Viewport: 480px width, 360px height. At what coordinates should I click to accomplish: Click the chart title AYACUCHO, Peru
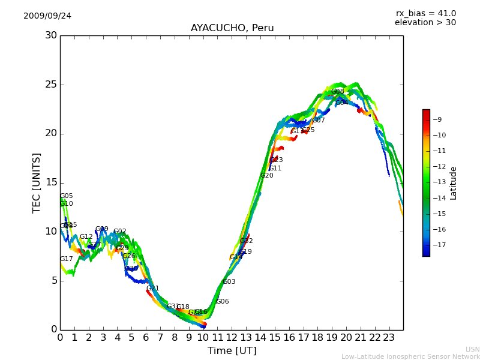pyautogui.click(x=232, y=28)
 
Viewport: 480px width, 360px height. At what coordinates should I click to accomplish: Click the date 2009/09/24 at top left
pyautogui.click(x=47, y=16)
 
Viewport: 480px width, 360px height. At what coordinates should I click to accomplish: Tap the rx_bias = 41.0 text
pyautogui.click(x=425, y=13)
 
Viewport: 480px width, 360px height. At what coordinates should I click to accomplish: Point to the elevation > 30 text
pyautogui.click(x=425, y=23)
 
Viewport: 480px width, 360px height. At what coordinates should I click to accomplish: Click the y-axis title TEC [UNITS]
pyautogui.click(x=37, y=182)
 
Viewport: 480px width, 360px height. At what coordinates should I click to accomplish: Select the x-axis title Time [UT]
pyautogui.click(x=232, y=350)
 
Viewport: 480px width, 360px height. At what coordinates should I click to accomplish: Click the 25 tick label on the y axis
pyautogui.click(x=52, y=85)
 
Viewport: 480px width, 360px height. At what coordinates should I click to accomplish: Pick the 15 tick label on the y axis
pyautogui.click(x=52, y=182)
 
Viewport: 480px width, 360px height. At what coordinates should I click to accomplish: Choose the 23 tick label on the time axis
pyautogui.click(x=389, y=337)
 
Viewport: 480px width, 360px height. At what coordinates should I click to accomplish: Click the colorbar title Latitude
pyautogui.click(x=454, y=183)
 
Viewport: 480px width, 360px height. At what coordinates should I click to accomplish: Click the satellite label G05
pyautogui.click(x=66, y=196)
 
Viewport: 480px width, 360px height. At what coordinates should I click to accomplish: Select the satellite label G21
pyautogui.click(x=152, y=289)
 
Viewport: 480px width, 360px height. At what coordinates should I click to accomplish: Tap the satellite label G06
pyautogui.click(x=222, y=302)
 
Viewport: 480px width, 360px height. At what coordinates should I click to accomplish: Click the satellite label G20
pyautogui.click(x=266, y=176)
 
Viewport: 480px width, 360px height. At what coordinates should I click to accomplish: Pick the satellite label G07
pyautogui.click(x=318, y=121)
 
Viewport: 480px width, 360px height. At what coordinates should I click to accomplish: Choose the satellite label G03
pyautogui.click(x=229, y=282)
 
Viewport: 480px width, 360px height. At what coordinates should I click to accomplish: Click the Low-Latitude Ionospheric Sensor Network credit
pyautogui.click(x=410, y=356)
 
